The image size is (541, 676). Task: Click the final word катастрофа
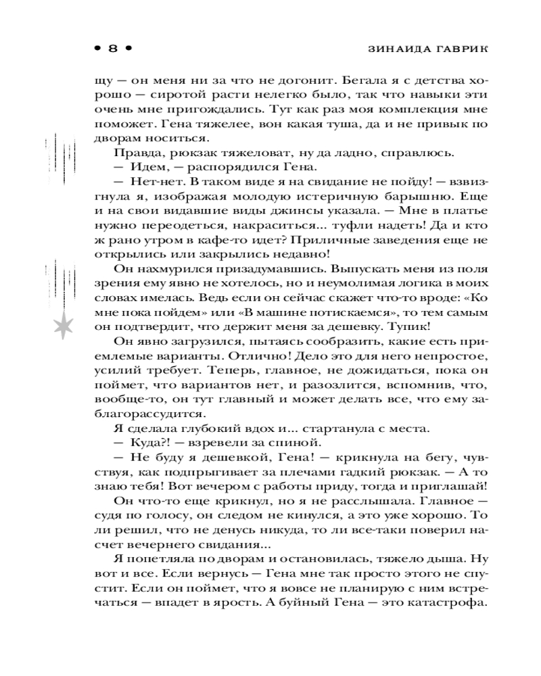(450, 606)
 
